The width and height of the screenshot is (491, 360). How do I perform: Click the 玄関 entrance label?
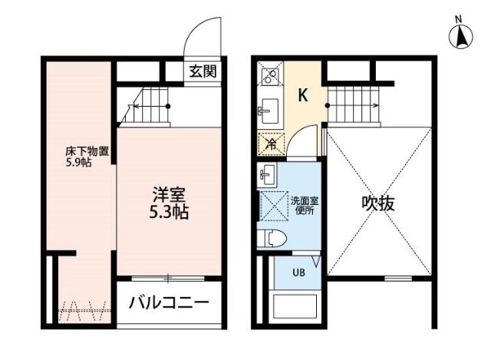(x=203, y=71)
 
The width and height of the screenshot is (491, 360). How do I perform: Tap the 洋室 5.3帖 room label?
(x=169, y=203)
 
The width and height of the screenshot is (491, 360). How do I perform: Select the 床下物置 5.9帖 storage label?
(x=87, y=157)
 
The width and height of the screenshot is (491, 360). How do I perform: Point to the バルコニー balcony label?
(x=169, y=302)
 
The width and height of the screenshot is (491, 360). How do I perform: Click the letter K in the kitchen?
(x=303, y=95)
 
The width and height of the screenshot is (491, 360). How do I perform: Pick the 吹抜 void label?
(x=378, y=203)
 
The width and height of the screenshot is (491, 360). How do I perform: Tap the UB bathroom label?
(x=298, y=272)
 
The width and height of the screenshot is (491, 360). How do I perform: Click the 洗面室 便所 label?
(x=305, y=206)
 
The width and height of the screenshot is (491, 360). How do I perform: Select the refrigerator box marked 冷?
(x=271, y=144)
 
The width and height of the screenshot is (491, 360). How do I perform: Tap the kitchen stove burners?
(x=270, y=75)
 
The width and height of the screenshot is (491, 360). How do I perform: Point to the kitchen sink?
(x=269, y=111)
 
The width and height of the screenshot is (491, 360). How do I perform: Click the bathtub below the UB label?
(x=295, y=307)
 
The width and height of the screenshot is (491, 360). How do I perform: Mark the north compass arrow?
(x=461, y=36)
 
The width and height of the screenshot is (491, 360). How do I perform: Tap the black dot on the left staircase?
(x=168, y=106)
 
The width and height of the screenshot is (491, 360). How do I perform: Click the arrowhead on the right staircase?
(x=377, y=106)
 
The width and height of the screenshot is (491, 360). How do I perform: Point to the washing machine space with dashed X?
(x=274, y=206)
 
